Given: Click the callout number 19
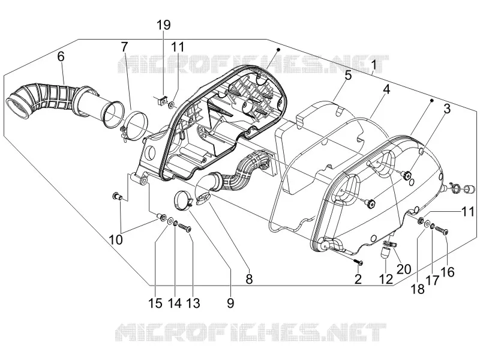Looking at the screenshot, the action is [164, 25].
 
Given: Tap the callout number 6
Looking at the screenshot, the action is [61, 56].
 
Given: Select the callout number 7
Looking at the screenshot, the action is [124, 47].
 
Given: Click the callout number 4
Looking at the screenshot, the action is [386, 89].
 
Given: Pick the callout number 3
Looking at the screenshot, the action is [447, 109].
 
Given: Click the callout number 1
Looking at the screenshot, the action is [373, 65].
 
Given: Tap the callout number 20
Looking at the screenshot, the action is [404, 269].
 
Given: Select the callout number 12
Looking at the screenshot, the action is [386, 279].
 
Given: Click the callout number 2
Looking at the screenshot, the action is [358, 279].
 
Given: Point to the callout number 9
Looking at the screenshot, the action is [230, 303].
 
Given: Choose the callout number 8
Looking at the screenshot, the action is [249, 279].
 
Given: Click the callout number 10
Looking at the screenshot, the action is [116, 239].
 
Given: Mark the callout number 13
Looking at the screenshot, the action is [193, 303].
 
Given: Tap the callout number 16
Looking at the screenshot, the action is [448, 272].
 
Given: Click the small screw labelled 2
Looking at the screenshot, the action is [358, 262].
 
